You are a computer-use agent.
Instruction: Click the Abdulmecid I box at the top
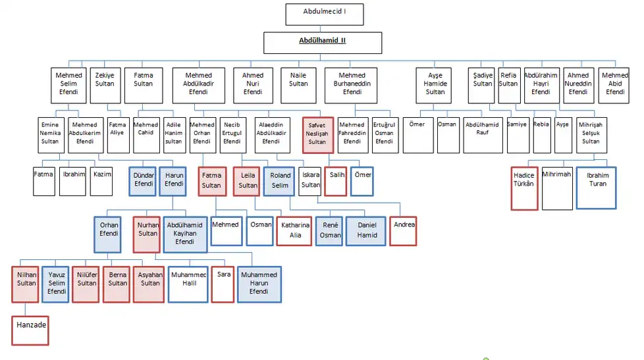[324, 14]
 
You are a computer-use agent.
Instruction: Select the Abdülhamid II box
[323, 43]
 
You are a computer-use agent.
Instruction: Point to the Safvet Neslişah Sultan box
[317, 135]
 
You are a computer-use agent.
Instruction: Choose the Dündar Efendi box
[143, 182]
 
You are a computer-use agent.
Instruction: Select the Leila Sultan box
[248, 182]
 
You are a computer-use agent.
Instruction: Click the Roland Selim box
[280, 182]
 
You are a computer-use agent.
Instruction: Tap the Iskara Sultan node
[310, 182]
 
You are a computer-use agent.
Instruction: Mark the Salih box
[336, 182]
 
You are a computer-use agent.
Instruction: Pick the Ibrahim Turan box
[597, 188]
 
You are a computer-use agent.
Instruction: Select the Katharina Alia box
[294, 230]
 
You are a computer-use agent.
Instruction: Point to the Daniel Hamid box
[366, 230]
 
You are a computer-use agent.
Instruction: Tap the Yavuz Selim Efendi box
[56, 284]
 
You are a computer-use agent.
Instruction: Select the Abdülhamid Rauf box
[482, 135]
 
